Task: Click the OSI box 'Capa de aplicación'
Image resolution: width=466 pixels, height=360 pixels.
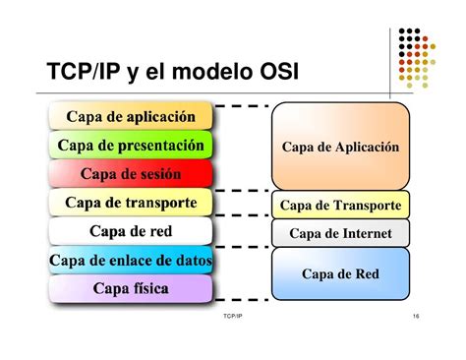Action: tap(130, 117)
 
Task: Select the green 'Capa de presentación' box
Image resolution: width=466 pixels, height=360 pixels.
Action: tap(130, 146)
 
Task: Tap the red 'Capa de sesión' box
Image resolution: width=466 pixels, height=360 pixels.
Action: tap(130, 174)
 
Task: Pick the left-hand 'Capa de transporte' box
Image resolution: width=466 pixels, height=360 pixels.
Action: tap(130, 204)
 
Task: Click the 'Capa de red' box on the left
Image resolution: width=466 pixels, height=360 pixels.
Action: tap(130, 232)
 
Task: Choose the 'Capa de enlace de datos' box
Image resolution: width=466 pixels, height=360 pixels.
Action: tap(130, 261)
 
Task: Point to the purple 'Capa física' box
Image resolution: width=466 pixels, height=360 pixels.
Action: tap(130, 289)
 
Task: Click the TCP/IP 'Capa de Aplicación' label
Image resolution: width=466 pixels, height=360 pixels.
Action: tap(340, 147)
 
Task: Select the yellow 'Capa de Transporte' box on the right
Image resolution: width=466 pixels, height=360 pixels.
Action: tap(340, 206)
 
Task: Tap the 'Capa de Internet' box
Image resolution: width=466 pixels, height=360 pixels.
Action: tap(340, 234)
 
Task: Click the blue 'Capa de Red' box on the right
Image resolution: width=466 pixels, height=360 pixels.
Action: tap(340, 273)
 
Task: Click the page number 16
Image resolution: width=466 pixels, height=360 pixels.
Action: tap(417, 318)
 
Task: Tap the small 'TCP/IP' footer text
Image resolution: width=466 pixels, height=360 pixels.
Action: tap(233, 318)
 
